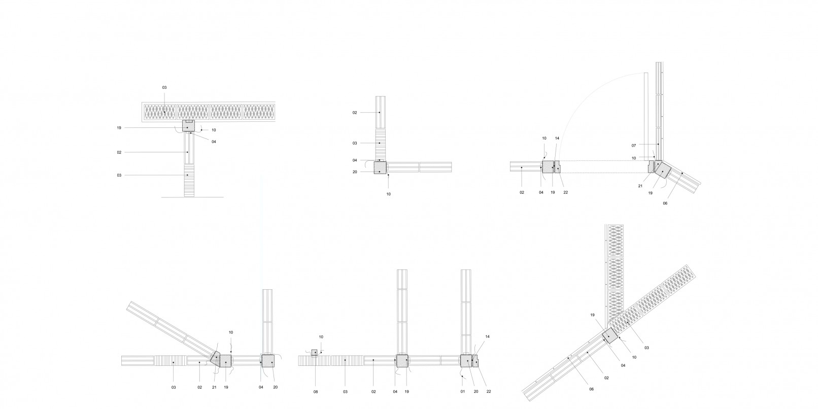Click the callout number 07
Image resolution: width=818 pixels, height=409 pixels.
click(x=634, y=146)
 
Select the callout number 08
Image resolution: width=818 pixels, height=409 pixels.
click(x=315, y=392)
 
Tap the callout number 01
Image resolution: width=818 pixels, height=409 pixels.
click(x=462, y=392)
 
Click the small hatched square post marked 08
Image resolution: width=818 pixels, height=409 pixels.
click(x=314, y=352)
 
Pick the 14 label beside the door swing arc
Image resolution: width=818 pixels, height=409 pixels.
click(x=557, y=139)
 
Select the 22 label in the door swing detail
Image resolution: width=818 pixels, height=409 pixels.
click(x=565, y=192)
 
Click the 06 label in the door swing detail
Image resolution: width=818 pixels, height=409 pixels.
click(x=665, y=203)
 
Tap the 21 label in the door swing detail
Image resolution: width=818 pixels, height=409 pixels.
click(x=640, y=186)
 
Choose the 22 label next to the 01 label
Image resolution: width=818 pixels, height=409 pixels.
click(x=488, y=392)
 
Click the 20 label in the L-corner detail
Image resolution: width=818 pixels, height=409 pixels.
click(x=355, y=172)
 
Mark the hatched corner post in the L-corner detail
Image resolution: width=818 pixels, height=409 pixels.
click(x=380, y=167)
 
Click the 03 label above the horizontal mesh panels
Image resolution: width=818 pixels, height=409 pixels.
click(x=164, y=88)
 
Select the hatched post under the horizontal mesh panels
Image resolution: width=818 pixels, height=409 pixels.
click(x=188, y=126)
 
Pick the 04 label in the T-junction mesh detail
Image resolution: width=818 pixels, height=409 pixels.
click(x=214, y=142)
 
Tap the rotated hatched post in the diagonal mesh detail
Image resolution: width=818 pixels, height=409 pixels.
click(x=609, y=336)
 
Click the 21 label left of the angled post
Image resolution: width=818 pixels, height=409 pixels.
click(x=214, y=387)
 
